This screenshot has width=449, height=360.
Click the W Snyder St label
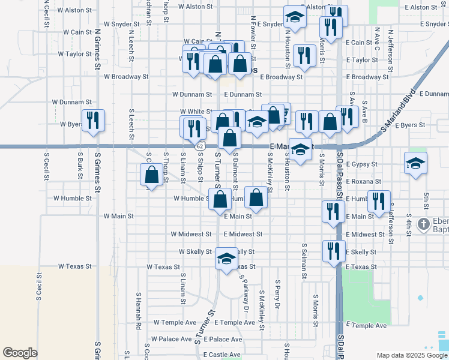point(121,25)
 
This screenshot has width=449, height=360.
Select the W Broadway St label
point(125,77)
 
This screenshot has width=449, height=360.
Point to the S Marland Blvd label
point(398,113)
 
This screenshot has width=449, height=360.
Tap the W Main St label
point(118,215)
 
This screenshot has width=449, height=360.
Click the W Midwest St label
point(191,234)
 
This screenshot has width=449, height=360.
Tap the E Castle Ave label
point(221,355)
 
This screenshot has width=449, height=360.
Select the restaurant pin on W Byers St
point(93,121)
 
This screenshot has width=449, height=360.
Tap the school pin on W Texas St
point(226,259)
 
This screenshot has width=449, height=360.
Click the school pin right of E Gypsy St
point(415,164)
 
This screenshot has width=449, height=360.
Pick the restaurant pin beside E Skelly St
point(333,251)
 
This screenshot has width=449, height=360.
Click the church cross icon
point(424,224)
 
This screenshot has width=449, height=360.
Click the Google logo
point(20,353)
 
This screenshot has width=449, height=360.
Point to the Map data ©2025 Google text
point(411,355)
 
